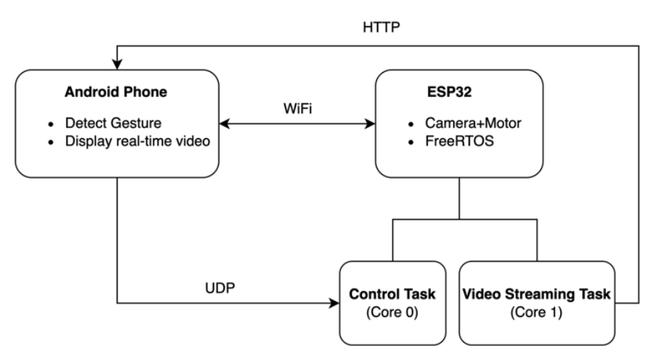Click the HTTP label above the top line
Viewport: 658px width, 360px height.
381,27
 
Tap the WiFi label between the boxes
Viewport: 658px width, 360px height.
297,109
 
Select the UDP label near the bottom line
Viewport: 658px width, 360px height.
220,288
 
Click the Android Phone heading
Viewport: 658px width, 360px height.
116,92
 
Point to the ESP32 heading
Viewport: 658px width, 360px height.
449,92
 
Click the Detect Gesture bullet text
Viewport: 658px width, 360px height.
113,123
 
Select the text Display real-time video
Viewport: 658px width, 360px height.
137,141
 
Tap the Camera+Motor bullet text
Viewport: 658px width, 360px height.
473,123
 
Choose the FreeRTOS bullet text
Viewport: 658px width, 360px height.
460,141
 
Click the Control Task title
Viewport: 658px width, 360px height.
392,294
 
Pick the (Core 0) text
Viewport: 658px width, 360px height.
392,312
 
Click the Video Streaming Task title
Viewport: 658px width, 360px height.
536,294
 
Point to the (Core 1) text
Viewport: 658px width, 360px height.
536,312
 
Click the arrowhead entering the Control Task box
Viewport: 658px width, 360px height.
335,303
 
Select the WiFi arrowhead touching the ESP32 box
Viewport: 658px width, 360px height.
371,123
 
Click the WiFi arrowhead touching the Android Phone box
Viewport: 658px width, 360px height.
225,123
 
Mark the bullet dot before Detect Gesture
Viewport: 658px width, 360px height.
51,124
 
